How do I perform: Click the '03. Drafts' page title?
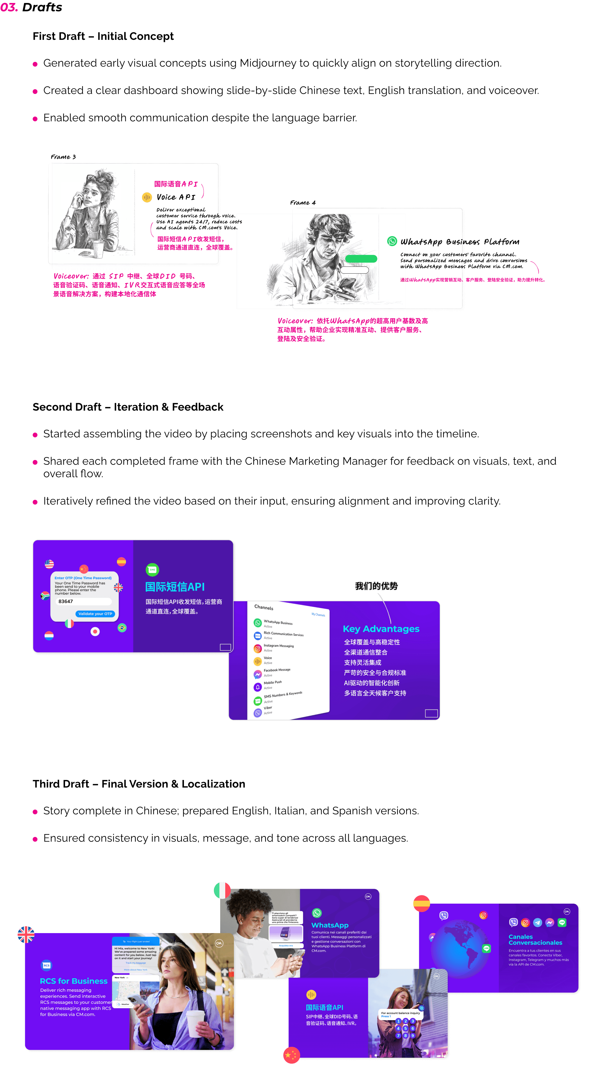pos(31,7)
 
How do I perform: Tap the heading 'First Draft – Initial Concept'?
pos(103,36)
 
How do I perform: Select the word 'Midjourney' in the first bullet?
pos(268,63)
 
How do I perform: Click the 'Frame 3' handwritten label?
pos(63,157)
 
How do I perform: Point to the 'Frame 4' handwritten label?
pos(302,203)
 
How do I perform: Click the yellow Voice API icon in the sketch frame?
pos(147,197)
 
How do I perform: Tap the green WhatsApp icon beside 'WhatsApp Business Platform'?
pos(392,241)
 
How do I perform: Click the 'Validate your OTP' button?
pos(95,614)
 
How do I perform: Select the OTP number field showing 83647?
pos(83,601)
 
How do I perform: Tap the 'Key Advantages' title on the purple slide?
pos(381,629)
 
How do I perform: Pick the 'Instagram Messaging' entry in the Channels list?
pos(278,646)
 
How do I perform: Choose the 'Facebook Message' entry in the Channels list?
pos(277,670)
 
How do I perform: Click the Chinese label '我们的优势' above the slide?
pos(376,586)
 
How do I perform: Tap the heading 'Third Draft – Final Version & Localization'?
pos(139,784)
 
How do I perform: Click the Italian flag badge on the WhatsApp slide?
pos(222,890)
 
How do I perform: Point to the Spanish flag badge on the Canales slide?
pos(421,903)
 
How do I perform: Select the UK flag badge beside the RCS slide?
pos(26,935)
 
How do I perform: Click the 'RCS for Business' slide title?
pos(74,981)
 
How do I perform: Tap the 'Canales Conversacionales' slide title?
pos(535,939)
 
